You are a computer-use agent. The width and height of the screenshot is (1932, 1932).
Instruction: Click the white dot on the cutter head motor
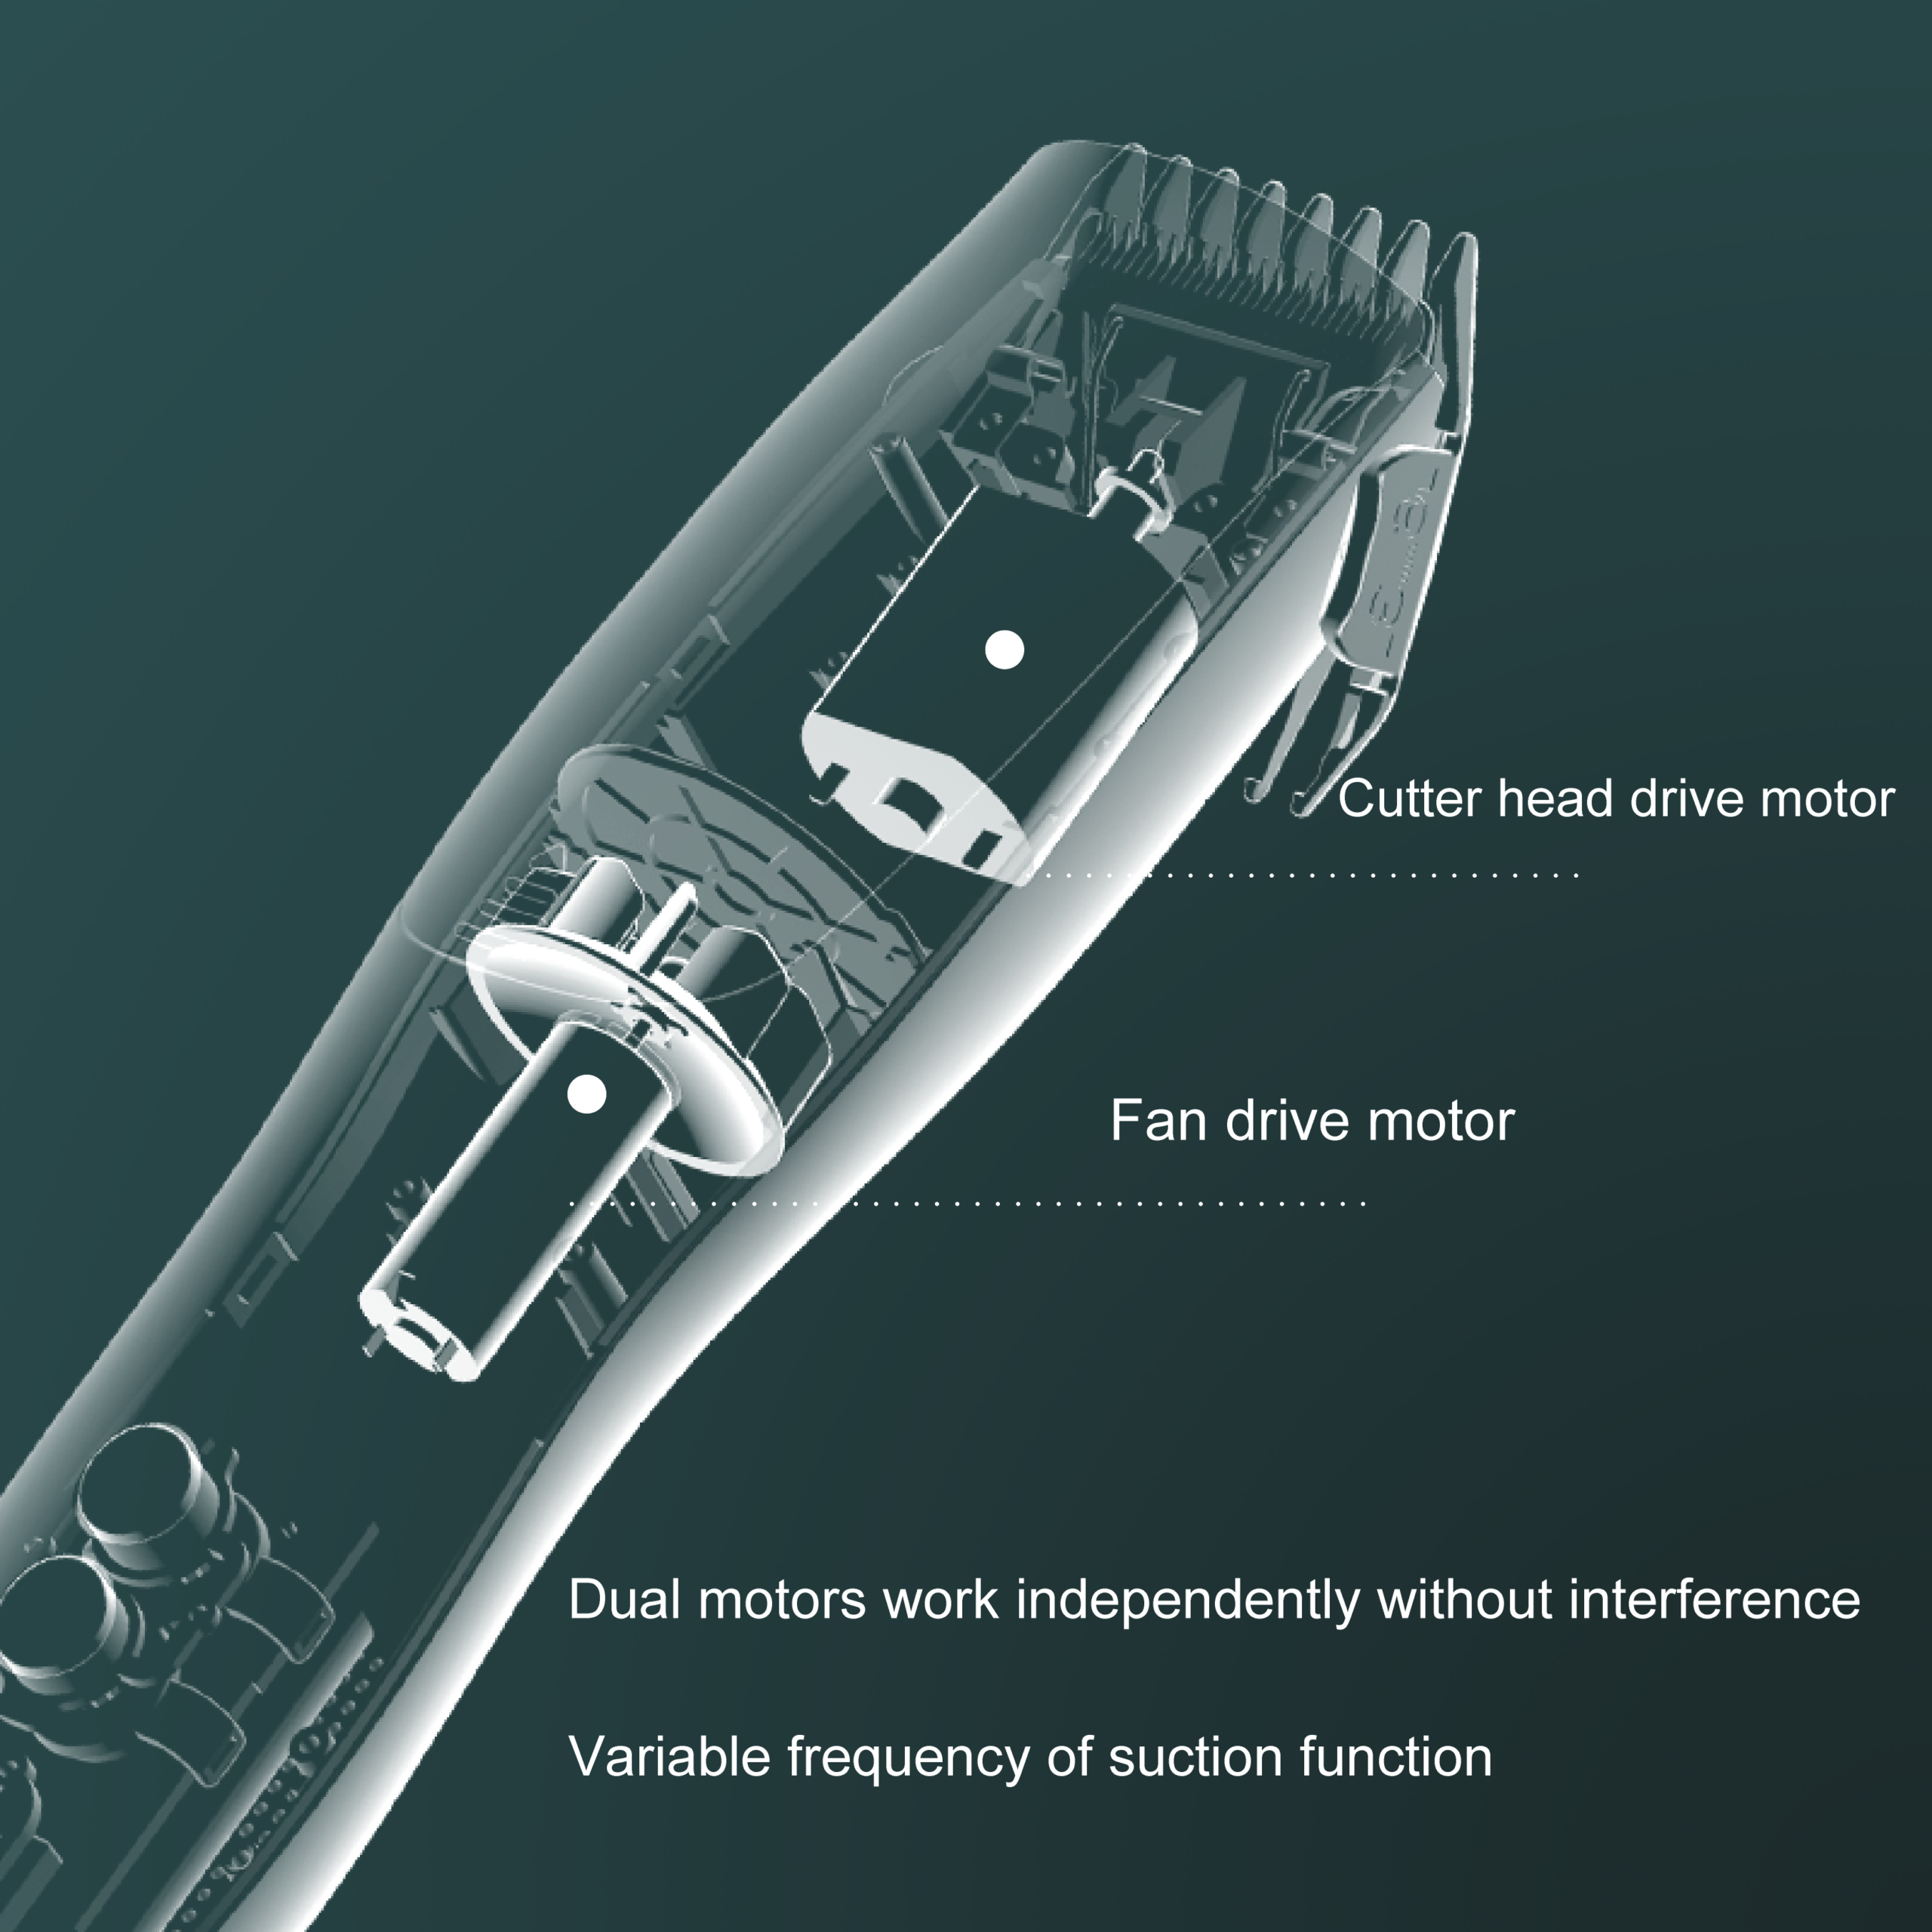tap(1004, 650)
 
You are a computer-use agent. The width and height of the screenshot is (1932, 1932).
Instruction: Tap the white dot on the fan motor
tap(586, 1094)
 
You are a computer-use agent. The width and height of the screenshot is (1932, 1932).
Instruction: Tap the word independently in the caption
tap(1187, 1600)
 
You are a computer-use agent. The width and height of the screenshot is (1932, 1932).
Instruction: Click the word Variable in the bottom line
tap(669, 1756)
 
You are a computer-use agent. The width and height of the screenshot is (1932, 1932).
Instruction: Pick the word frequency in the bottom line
tap(909, 1758)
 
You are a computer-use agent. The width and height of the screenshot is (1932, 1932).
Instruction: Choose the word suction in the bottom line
tap(1194, 1756)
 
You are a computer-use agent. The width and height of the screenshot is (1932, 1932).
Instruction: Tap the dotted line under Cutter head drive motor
tap(1300, 875)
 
